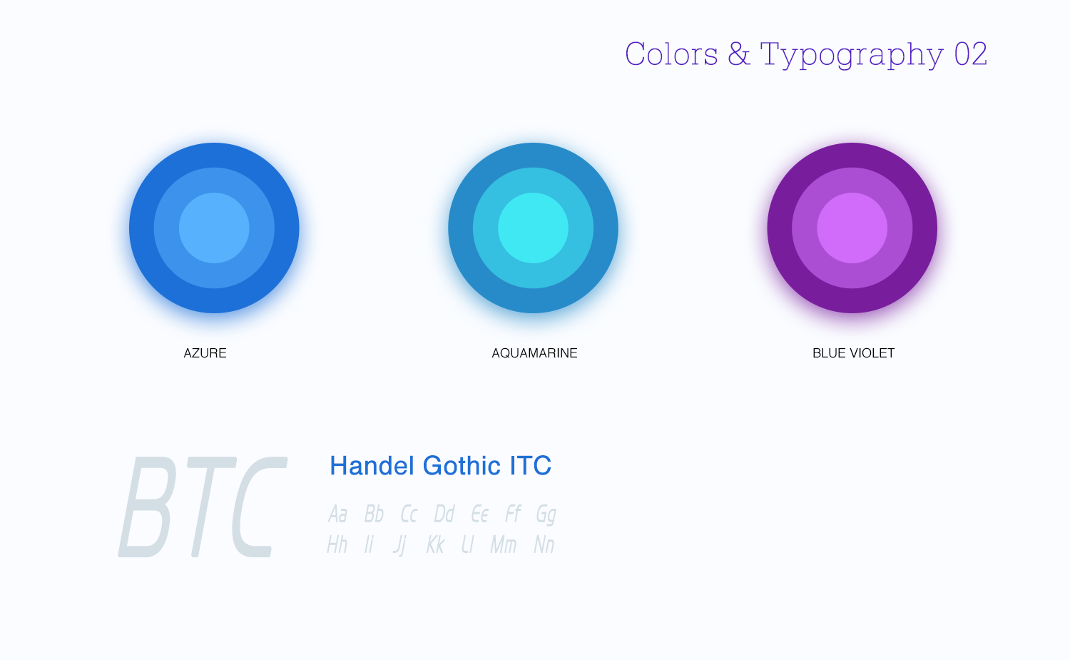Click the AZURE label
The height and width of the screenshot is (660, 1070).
click(205, 353)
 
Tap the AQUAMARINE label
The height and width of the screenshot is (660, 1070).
click(534, 353)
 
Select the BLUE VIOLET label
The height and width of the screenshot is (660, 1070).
click(854, 353)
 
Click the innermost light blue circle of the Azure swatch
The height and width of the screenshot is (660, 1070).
click(214, 228)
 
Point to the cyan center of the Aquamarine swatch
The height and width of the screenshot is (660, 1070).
click(533, 228)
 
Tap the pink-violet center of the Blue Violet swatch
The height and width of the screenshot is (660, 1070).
click(852, 228)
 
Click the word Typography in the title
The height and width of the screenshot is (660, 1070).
click(852, 55)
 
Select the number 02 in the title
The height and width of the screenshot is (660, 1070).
click(971, 54)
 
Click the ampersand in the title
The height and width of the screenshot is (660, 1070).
click(738, 54)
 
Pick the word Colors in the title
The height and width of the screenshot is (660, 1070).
click(671, 54)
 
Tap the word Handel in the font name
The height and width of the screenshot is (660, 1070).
click(372, 465)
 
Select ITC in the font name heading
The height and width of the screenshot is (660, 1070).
click(530, 465)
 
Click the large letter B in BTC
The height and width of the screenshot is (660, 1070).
click(147, 507)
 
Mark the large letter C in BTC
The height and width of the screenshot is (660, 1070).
click(260, 507)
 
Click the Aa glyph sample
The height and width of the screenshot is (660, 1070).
click(337, 514)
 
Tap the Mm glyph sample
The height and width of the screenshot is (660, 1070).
click(504, 545)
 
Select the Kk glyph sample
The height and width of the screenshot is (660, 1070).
click(435, 545)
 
